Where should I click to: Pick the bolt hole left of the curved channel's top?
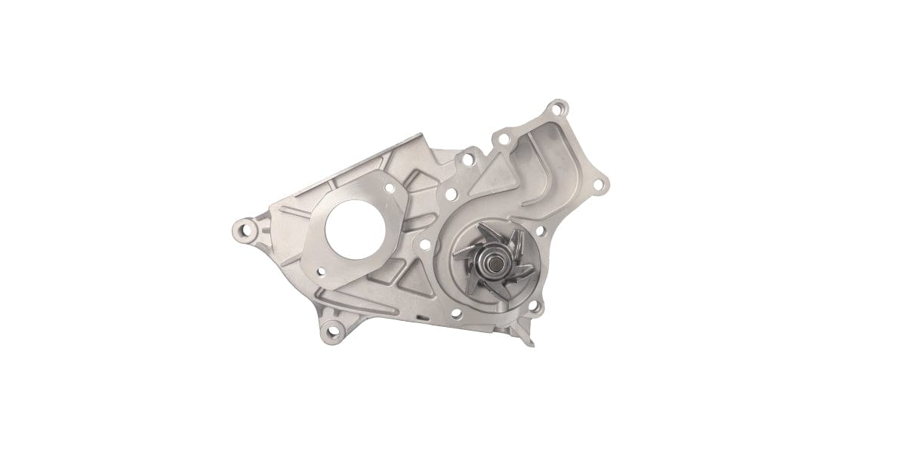point(501,138)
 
